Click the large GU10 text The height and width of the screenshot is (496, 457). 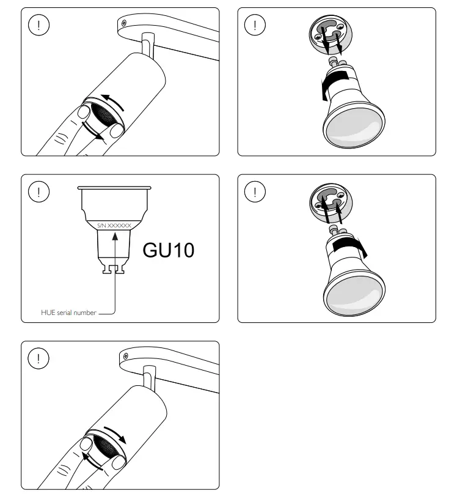click(x=168, y=250)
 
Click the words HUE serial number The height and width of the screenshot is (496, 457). click(x=68, y=313)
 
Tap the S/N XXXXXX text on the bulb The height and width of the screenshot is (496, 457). click(x=114, y=226)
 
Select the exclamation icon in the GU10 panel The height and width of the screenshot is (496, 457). click(x=39, y=191)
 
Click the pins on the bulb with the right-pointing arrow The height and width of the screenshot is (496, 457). click(x=337, y=229)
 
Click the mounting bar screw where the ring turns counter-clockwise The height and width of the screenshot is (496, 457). click(x=124, y=22)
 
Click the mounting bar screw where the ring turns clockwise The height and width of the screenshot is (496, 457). click(x=124, y=355)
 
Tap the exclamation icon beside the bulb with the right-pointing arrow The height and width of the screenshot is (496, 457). click(x=254, y=191)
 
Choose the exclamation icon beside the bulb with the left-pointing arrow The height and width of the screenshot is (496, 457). click(x=254, y=24)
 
